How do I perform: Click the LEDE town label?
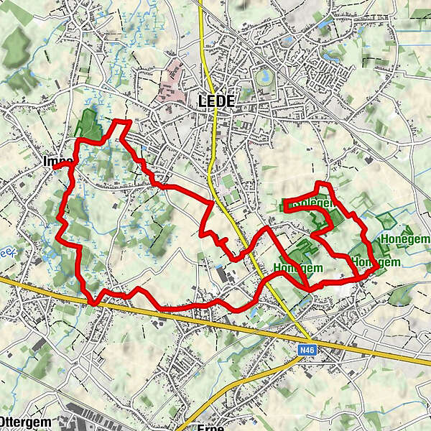[215, 102]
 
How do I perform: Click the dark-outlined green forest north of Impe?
[88, 124]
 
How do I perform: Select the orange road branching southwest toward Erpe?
[237, 388]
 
